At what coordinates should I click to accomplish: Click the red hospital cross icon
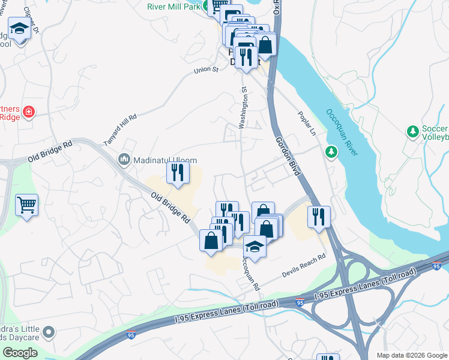[28, 112]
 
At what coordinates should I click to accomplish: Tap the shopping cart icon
[26, 205]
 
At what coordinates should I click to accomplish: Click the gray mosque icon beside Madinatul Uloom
[125, 159]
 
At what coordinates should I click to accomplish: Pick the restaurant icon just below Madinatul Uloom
[178, 172]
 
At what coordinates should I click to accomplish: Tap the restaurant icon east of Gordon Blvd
[319, 216]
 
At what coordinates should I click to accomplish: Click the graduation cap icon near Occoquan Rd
[255, 246]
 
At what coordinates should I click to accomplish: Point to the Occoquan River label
[342, 132]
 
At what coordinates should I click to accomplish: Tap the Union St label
[205, 70]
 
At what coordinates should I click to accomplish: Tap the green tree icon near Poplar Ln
[331, 151]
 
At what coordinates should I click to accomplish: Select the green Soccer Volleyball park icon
[412, 131]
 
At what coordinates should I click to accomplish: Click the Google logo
[20, 352]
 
